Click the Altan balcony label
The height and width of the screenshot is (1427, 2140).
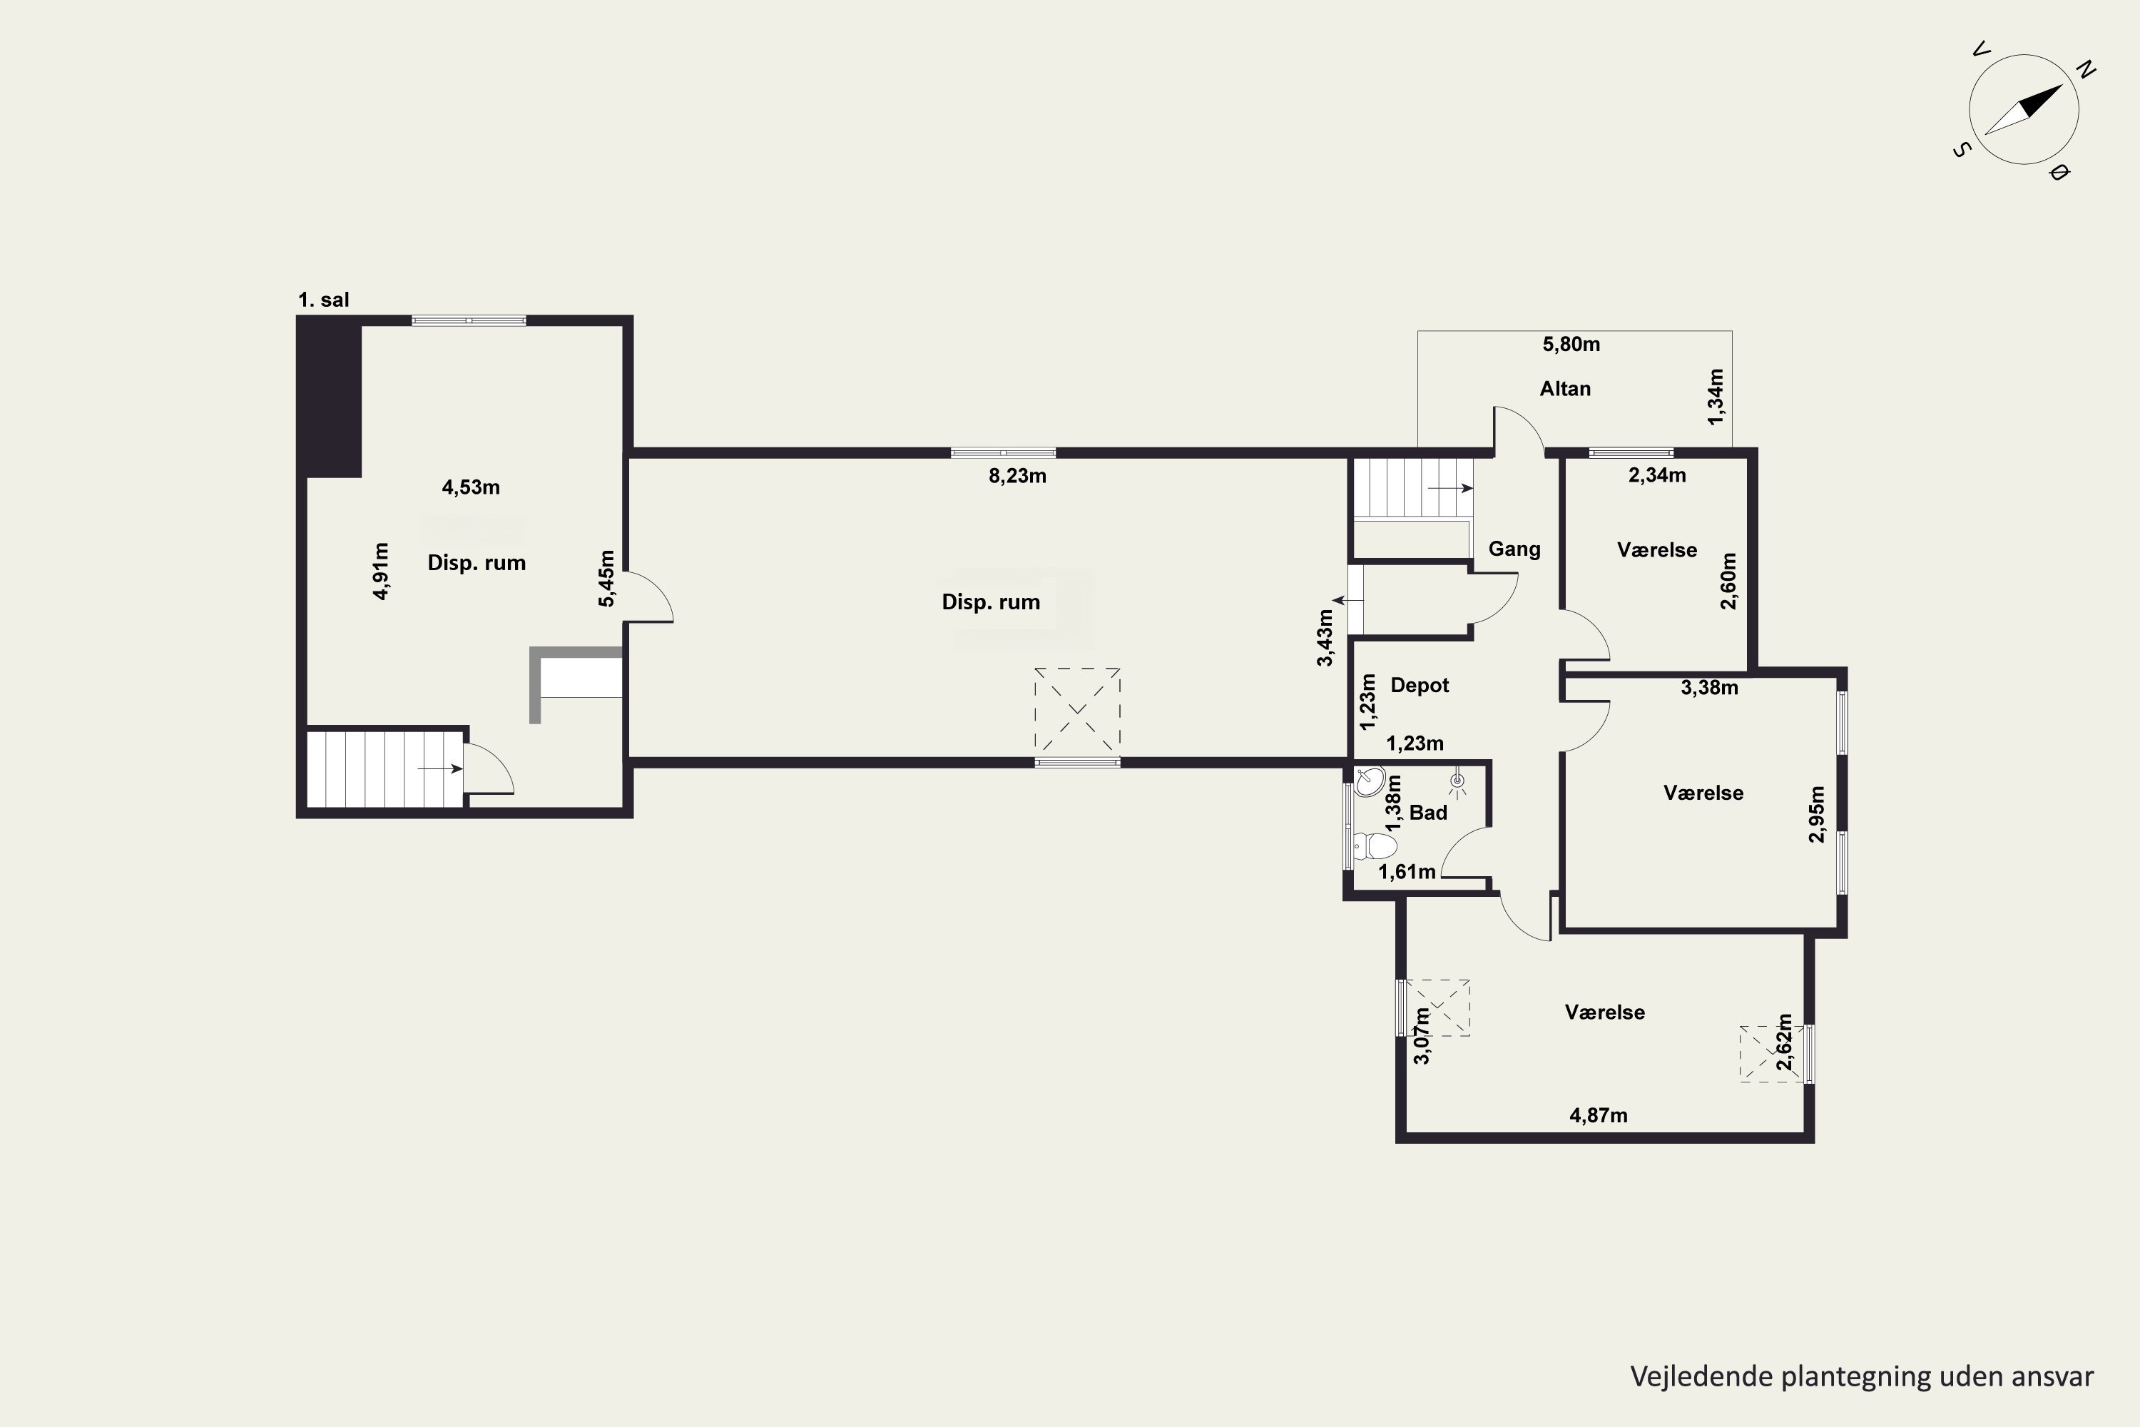(x=1565, y=389)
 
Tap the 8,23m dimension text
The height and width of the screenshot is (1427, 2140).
(x=1017, y=476)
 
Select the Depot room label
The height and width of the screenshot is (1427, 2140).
(x=1420, y=685)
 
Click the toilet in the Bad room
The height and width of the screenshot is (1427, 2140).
(x=1375, y=846)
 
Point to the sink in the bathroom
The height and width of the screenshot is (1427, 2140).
(x=1370, y=781)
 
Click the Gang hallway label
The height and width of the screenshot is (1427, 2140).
(x=1514, y=549)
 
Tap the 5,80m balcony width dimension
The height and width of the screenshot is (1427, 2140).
(x=1571, y=344)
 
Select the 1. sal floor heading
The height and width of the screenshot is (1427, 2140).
(x=324, y=300)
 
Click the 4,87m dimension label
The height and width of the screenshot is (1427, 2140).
(x=1599, y=1114)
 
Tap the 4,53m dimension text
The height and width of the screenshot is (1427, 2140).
(x=470, y=487)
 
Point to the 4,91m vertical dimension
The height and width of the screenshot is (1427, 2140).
(x=381, y=572)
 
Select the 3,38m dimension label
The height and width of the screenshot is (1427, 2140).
(x=1708, y=688)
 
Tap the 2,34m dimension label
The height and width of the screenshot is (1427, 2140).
(x=1657, y=474)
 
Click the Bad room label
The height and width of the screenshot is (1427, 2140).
(x=1427, y=813)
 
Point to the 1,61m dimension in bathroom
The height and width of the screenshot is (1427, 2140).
(x=1407, y=872)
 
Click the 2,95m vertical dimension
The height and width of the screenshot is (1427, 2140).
(x=1817, y=815)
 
